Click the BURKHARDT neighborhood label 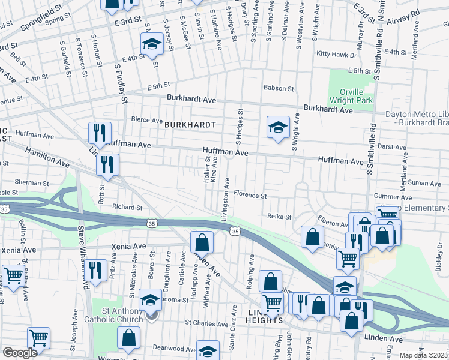pyautogui.click(x=190, y=126)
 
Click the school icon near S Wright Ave pyautogui.click(x=277, y=127)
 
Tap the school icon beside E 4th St pyautogui.click(x=152, y=44)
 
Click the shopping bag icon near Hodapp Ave pyautogui.click(x=202, y=242)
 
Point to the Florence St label pyautogui.click(x=250, y=195)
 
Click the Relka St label pyautogui.click(x=279, y=217)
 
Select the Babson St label pyautogui.click(x=279, y=88)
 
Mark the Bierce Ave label pyautogui.click(x=134, y=120)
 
